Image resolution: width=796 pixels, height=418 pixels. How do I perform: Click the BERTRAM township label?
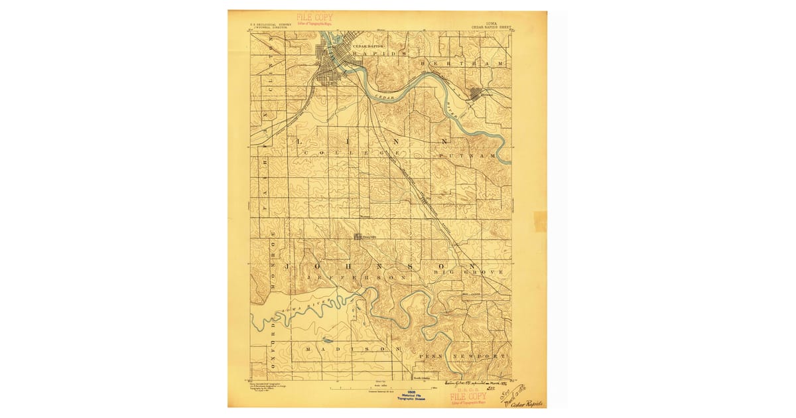(x=462, y=62)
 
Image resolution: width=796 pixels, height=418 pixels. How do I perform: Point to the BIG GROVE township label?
(x=468, y=272)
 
